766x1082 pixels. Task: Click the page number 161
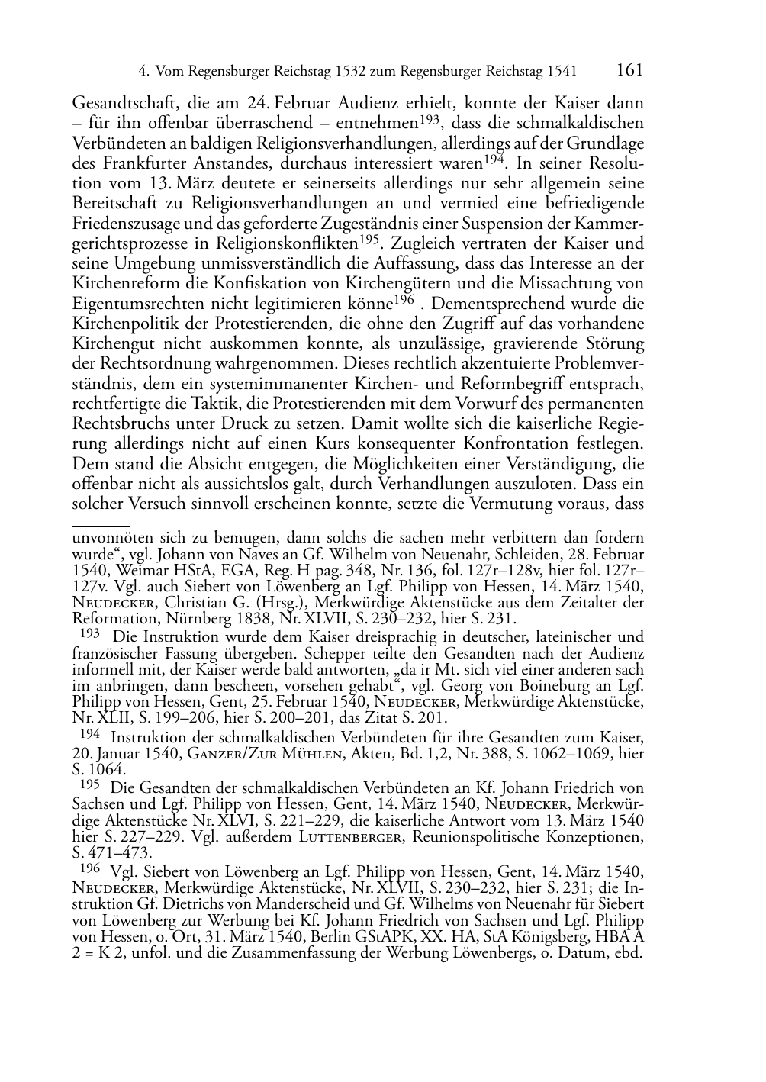tap(629, 70)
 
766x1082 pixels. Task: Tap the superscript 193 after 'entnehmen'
tap(429, 120)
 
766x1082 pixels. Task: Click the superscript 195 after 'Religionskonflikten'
tap(370, 240)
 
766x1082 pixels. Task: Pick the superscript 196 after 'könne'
tap(405, 300)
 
